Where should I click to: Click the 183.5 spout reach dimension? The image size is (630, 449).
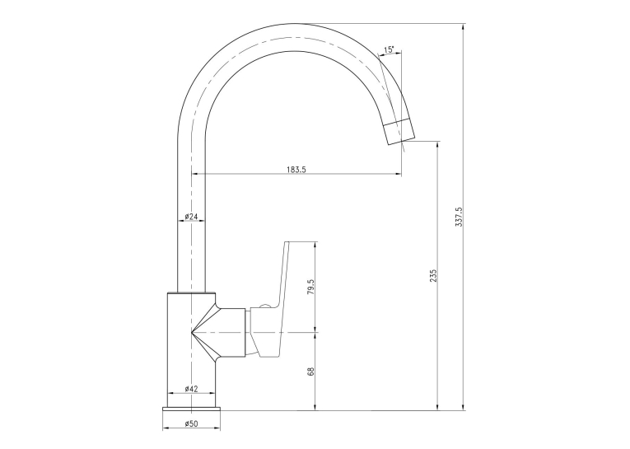coord(296,169)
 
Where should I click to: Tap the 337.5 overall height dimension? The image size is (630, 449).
coord(459,217)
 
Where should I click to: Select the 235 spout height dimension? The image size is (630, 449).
coord(432,276)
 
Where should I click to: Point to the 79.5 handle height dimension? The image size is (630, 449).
coord(310,287)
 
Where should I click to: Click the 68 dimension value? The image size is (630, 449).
coord(310,372)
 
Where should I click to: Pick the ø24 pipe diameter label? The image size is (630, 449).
coord(191,217)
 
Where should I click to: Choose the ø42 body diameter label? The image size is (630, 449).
coord(191,389)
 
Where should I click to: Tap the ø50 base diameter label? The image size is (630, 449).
coord(191,423)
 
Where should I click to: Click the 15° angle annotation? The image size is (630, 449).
coord(389,50)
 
